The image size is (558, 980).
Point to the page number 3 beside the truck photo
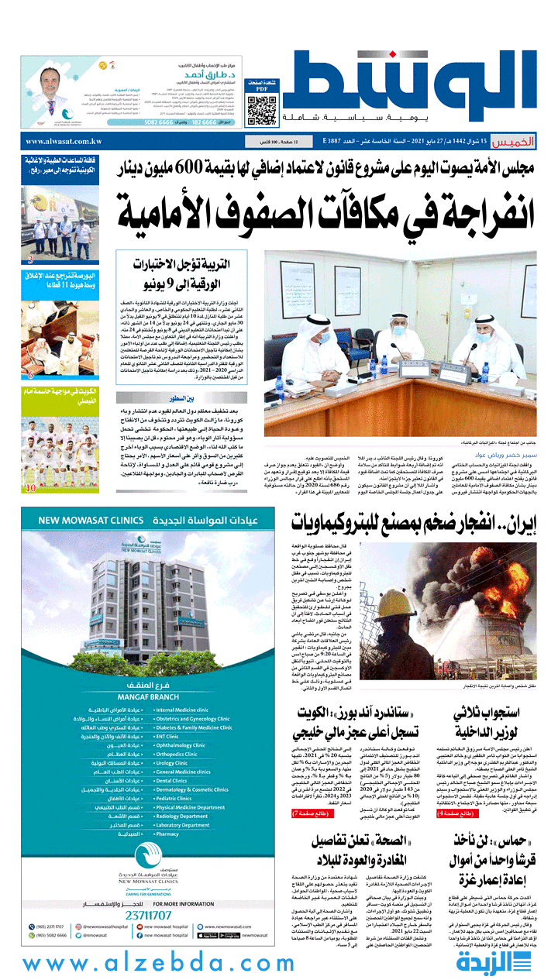click(30, 260)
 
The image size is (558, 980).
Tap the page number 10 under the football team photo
click(31, 488)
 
